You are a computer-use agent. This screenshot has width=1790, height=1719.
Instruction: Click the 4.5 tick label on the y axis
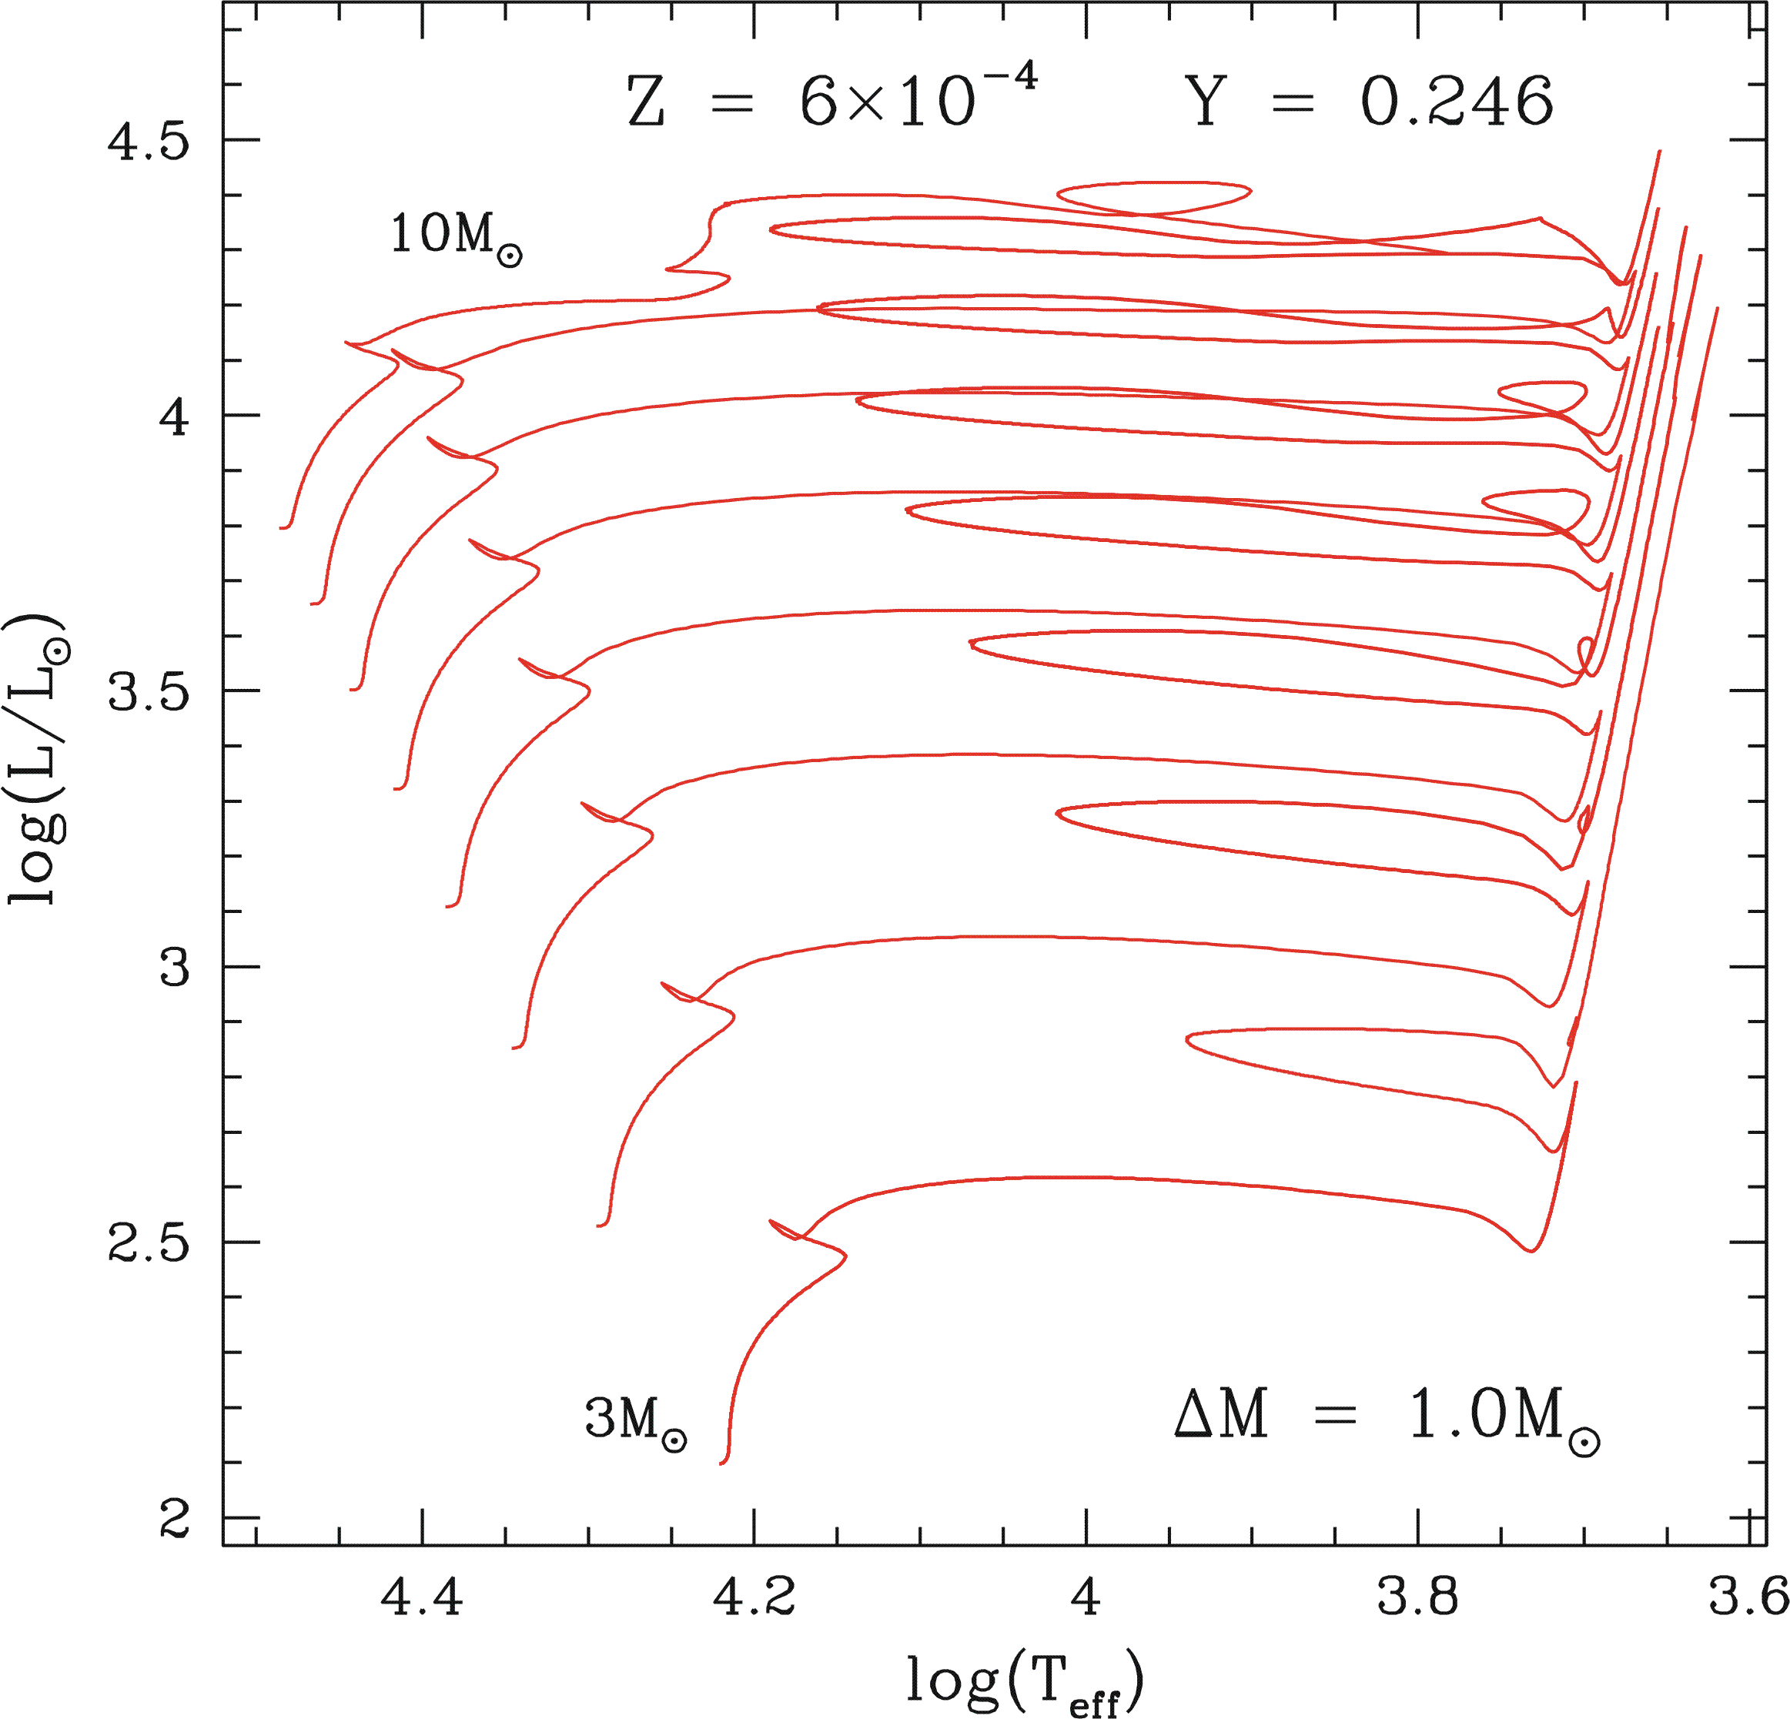[149, 142]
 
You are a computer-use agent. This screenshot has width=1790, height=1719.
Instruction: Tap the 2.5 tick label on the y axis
[149, 1244]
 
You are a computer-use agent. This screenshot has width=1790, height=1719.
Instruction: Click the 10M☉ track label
[456, 236]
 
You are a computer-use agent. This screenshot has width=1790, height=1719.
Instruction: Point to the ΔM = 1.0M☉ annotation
[1387, 1417]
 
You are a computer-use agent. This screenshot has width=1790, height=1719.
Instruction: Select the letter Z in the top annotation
[646, 102]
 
